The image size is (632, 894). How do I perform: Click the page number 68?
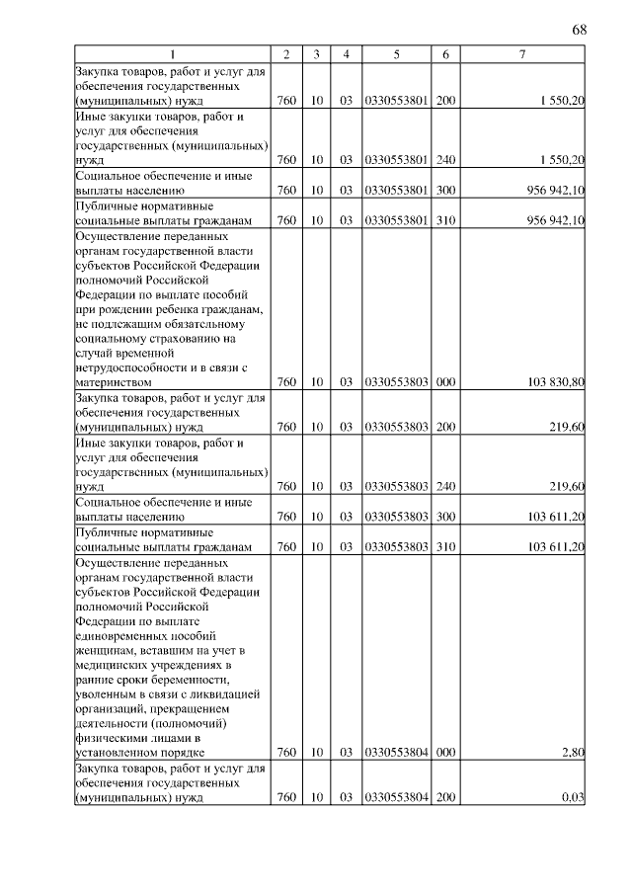pyautogui.click(x=580, y=29)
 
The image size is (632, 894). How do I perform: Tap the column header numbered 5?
pyautogui.click(x=396, y=53)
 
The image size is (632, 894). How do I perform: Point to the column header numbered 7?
pyautogui.click(x=522, y=53)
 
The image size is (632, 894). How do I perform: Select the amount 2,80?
pyautogui.click(x=573, y=752)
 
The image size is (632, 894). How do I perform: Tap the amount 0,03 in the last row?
pyautogui.click(x=573, y=797)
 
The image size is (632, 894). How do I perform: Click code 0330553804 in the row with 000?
pyautogui.click(x=396, y=752)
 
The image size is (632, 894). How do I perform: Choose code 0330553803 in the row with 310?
pyautogui.click(x=396, y=546)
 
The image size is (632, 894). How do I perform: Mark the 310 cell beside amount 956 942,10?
pyautogui.click(x=445, y=219)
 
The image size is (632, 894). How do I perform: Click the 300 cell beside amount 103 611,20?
pyautogui.click(x=445, y=516)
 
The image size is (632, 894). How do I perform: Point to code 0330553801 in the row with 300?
pyautogui.click(x=396, y=190)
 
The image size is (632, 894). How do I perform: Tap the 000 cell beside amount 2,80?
pyautogui.click(x=445, y=752)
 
